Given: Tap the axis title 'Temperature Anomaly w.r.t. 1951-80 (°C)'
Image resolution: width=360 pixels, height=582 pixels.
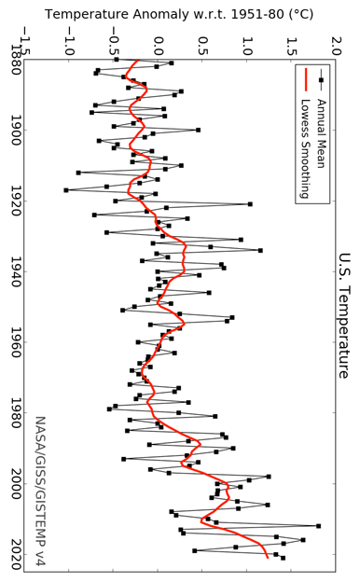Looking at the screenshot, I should pos(180,14).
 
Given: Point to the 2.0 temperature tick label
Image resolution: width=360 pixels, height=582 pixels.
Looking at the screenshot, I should pos(336,43).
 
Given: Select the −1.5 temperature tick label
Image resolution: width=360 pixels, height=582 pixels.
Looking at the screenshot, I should pos(22,43).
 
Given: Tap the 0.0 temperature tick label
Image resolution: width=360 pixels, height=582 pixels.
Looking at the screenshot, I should pos(158,43).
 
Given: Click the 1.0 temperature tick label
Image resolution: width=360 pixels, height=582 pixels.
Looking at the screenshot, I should pos(246,43).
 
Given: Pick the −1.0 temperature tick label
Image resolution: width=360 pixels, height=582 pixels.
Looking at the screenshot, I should pos(67,43).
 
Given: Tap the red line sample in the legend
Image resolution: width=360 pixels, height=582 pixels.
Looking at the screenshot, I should pos(305,80).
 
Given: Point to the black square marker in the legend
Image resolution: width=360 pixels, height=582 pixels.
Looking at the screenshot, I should pos(320,80).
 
